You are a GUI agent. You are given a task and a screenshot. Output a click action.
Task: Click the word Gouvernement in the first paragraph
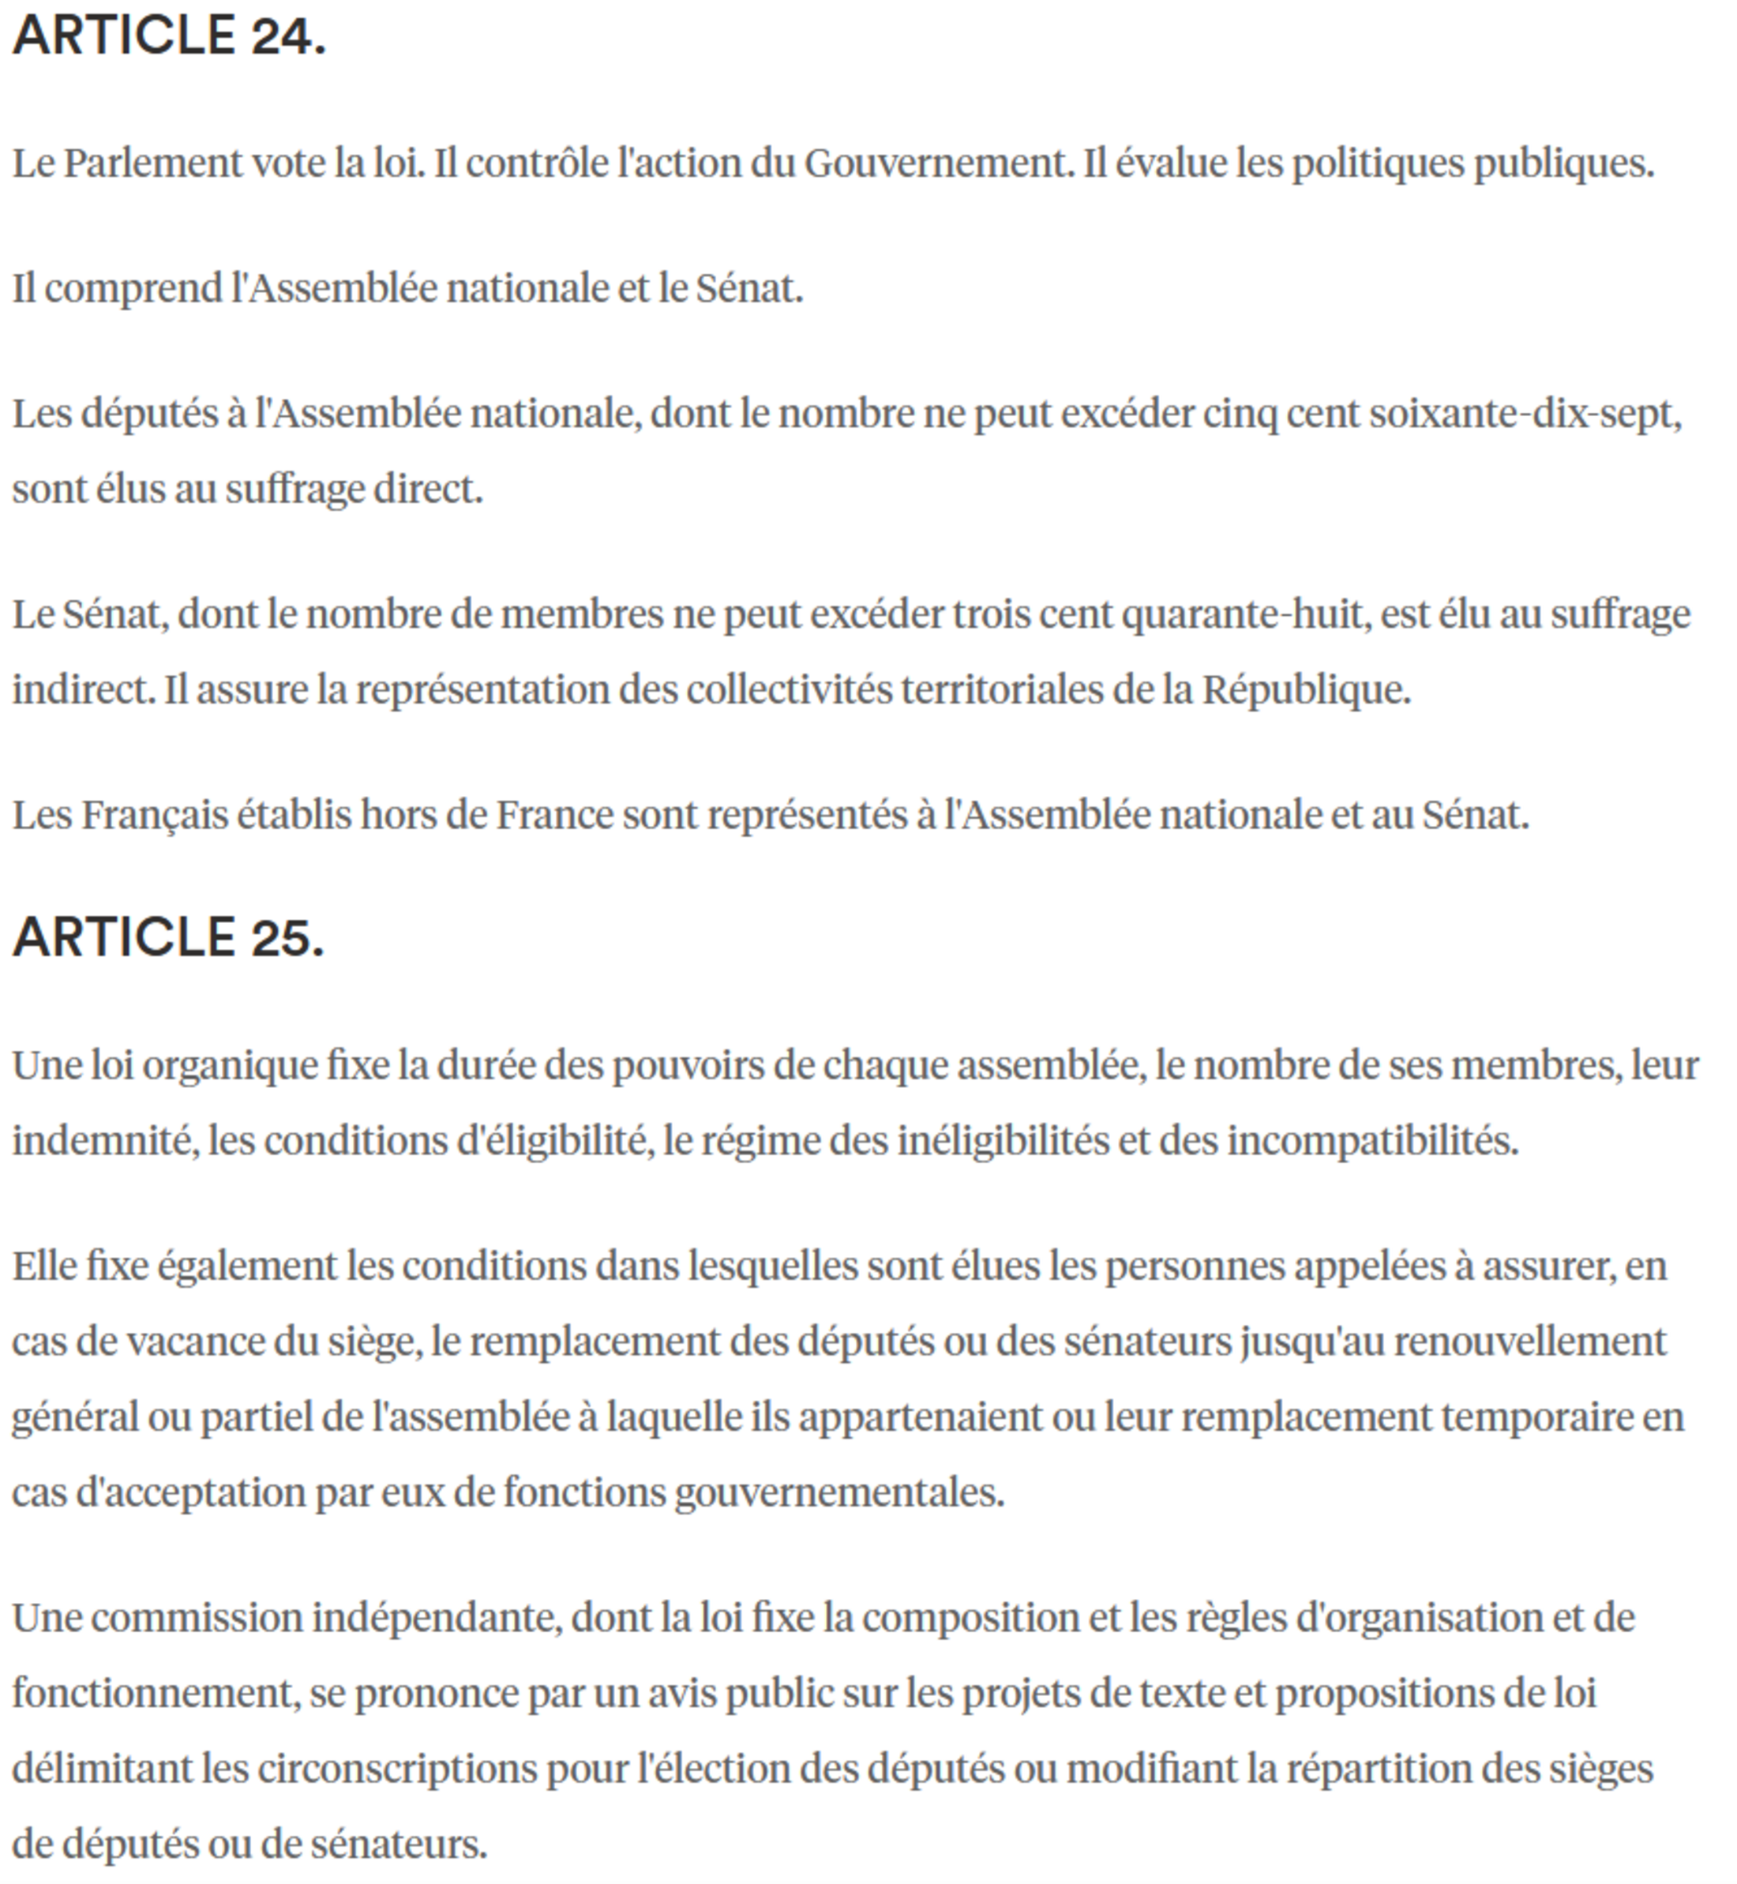pos(937,163)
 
